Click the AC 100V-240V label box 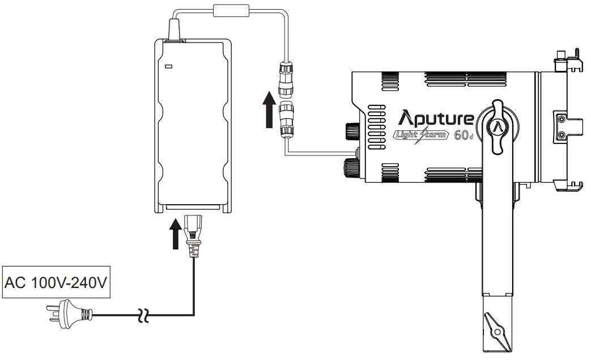point(56,282)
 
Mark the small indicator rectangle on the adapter point(168,67)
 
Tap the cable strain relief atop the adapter point(175,29)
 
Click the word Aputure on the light point(436,118)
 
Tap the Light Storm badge point(422,135)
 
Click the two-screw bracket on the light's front point(561,126)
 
